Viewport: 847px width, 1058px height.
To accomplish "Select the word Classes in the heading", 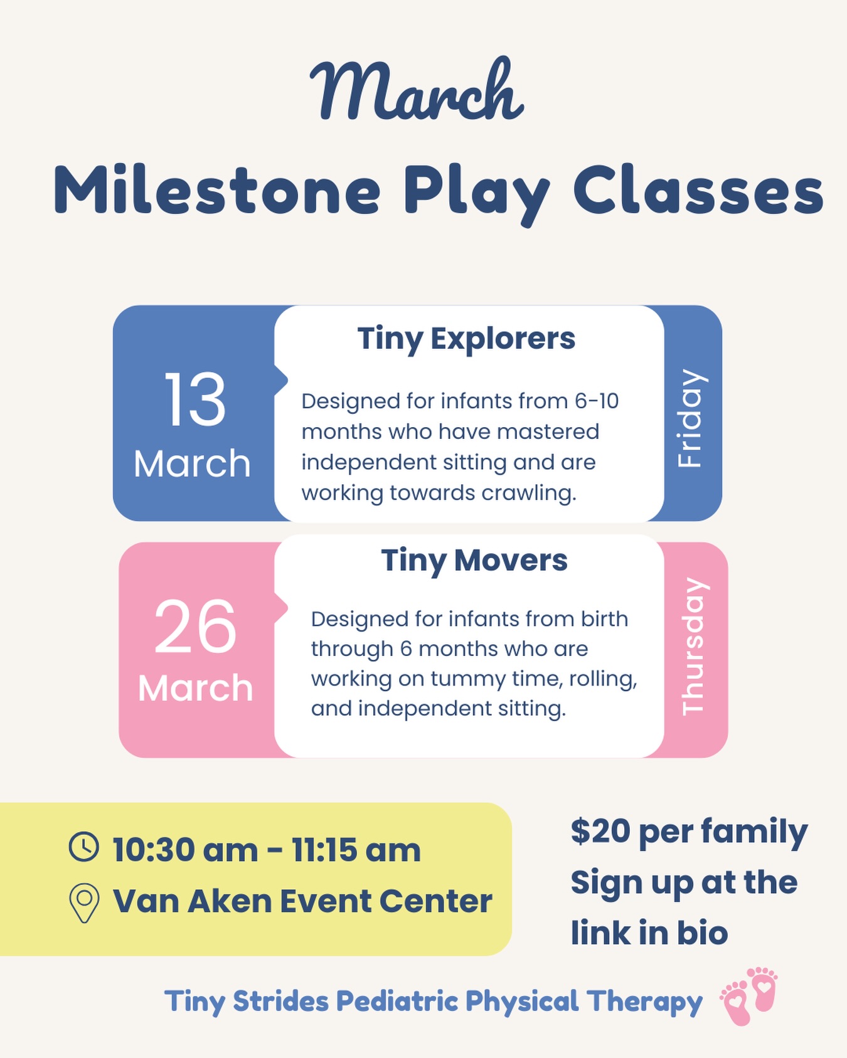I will tap(698, 191).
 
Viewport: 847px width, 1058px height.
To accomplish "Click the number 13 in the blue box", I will tap(194, 400).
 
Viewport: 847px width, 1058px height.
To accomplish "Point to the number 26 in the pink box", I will tap(195, 627).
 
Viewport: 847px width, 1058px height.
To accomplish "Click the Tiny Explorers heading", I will tap(466, 339).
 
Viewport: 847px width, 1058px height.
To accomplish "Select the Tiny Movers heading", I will tap(474, 560).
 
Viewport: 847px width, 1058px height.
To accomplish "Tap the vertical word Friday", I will tap(690, 418).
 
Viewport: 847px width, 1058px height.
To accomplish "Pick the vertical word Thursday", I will tap(694, 647).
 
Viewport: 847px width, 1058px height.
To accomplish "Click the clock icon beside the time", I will tap(83, 847).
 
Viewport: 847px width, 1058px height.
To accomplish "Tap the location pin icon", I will tap(83, 902).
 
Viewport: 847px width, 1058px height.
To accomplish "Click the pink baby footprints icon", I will tap(749, 995).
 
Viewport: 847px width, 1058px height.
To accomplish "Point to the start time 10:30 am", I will tap(184, 850).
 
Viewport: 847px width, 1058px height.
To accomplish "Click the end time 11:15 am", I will tap(356, 850).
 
